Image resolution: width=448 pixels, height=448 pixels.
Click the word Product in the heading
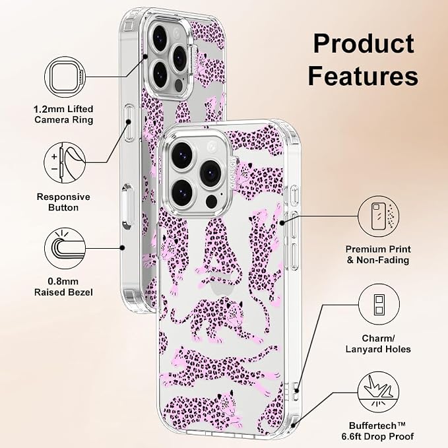click(x=364, y=44)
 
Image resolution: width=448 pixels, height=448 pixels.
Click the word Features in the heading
click(x=363, y=76)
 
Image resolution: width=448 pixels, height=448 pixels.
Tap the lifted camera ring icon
click(x=65, y=77)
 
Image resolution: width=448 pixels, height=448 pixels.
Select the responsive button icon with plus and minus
click(x=65, y=163)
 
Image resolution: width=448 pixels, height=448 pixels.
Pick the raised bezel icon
click(x=65, y=248)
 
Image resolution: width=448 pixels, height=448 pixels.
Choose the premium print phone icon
click(x=379, y=216)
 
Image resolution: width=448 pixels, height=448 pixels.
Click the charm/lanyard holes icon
click(x=379, y=304)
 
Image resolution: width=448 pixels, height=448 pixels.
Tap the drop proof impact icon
click(x=378, y=393)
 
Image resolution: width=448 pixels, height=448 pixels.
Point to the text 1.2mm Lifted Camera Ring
click(x=64, y=114)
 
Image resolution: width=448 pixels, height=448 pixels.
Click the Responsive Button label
click(x=63, y=202)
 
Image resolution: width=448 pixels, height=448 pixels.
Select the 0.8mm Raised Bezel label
click(x=63, y=287)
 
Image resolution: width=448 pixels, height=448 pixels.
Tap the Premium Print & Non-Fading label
click(x=378, y=255)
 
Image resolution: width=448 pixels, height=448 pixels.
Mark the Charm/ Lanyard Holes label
click(x=378, y=344)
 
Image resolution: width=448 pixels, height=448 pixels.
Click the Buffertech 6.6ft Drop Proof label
click(x=377, y=431)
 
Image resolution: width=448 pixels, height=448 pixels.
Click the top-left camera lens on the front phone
click(x=182, y=156)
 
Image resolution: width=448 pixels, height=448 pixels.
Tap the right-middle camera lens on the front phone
click(x=210, y=174)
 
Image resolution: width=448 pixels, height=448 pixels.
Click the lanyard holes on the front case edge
click(x=296, y=391)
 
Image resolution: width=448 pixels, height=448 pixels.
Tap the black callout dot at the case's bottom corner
click(x=293, y=426)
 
